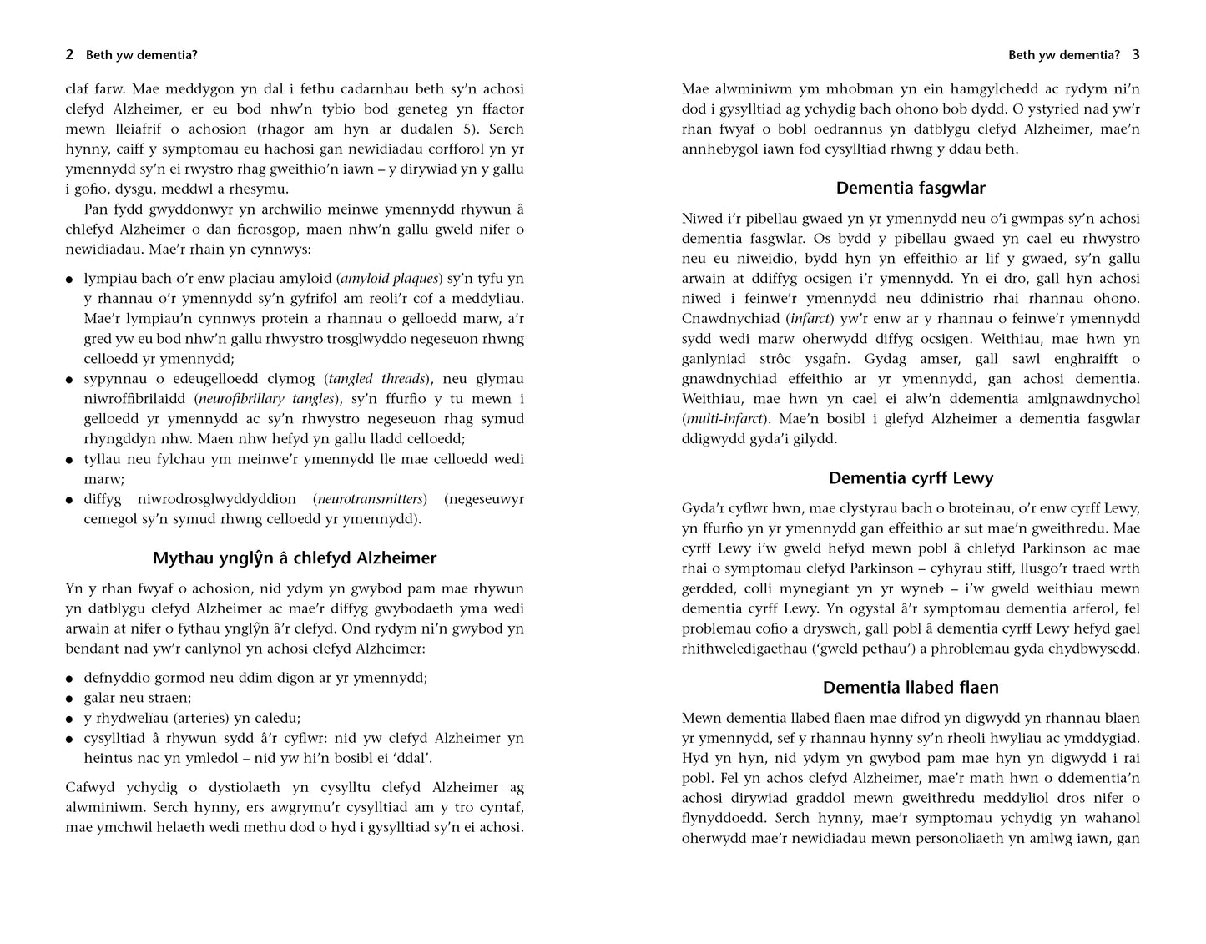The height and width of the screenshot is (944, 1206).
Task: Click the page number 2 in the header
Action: coord(69,56)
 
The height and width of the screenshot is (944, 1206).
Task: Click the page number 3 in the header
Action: coord(1136,56)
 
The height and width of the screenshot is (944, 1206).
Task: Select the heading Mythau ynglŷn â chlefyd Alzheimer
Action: coord(295,558)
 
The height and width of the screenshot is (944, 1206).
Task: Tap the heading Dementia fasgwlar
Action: coord(911,189)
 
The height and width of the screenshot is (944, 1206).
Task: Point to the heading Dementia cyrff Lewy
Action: coord(911,479)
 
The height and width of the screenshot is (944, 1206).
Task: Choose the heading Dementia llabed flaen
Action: coord(911,688)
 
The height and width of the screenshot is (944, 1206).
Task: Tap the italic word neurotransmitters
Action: coord(371,499)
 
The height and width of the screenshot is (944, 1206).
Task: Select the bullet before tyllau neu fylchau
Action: coord(70,460)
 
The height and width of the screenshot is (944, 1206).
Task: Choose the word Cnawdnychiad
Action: coord(731,319)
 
